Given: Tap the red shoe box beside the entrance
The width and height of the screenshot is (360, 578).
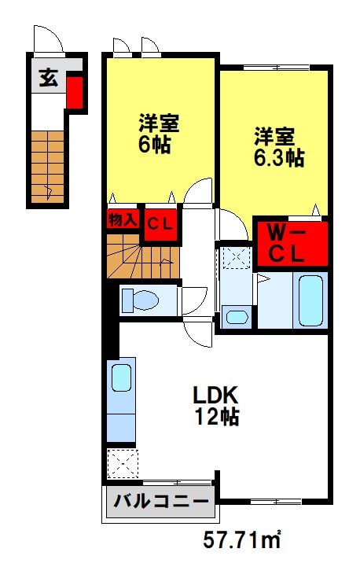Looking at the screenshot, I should pos(74,92).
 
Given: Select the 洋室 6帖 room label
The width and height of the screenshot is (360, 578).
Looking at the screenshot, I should pos(160,134).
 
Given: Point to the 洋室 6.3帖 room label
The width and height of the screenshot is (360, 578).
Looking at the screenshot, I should pos(278,145).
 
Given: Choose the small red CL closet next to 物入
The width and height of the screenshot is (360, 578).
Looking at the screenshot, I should pos(160,223).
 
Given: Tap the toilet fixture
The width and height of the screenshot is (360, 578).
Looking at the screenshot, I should pos(141,300).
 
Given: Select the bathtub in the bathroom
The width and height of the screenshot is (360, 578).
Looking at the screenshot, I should pos(311,300).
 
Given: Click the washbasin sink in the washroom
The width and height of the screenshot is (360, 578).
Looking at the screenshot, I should pos(235,317).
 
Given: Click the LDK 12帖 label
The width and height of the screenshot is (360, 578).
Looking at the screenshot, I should pos(215,405).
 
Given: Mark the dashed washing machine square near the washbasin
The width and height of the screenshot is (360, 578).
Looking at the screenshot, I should pos(233,258).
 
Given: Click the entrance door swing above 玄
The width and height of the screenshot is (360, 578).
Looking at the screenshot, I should pos(45,39).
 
